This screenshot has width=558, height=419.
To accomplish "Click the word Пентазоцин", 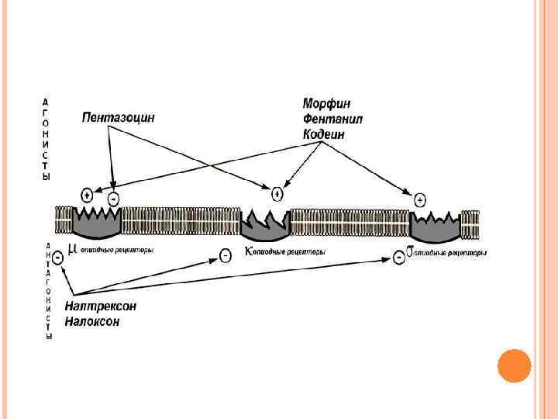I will [119, 117].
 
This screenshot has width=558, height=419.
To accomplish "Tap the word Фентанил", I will [332, 119].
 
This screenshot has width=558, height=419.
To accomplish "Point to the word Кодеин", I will [324, 134].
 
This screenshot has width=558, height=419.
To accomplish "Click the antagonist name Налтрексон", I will [100, 306].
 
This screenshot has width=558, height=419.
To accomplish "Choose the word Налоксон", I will [92, 321].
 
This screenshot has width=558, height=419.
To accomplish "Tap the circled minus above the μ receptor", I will [113, 199].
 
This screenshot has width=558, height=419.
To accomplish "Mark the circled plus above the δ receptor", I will [420, 199].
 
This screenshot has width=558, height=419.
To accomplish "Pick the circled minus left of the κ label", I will [225, 255].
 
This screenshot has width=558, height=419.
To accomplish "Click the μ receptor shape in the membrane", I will [96, 222].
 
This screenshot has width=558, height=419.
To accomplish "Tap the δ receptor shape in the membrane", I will [435, 227].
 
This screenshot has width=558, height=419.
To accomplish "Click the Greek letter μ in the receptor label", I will [72, 249].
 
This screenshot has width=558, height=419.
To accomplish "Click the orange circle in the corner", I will [513, 365].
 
